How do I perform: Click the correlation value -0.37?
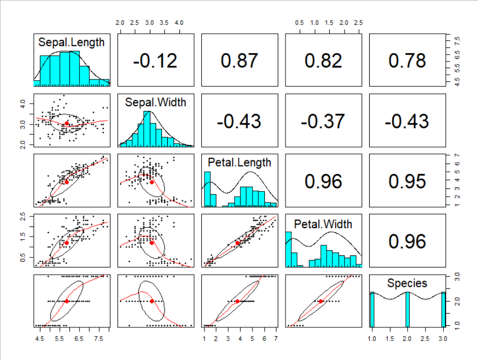tap(323, 121)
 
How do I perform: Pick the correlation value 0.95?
tap(407, 181)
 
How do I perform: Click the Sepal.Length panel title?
tap(72, 42)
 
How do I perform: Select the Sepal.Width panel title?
tap(155, 102)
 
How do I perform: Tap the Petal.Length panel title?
tap(239, 162)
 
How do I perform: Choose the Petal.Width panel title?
tap(323, 224)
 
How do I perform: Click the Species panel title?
tap(407, 283)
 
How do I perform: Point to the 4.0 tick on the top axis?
tap(179, 23)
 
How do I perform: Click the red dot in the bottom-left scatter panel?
tap(67, 301)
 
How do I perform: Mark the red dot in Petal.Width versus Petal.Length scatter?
tap(237, 243)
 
